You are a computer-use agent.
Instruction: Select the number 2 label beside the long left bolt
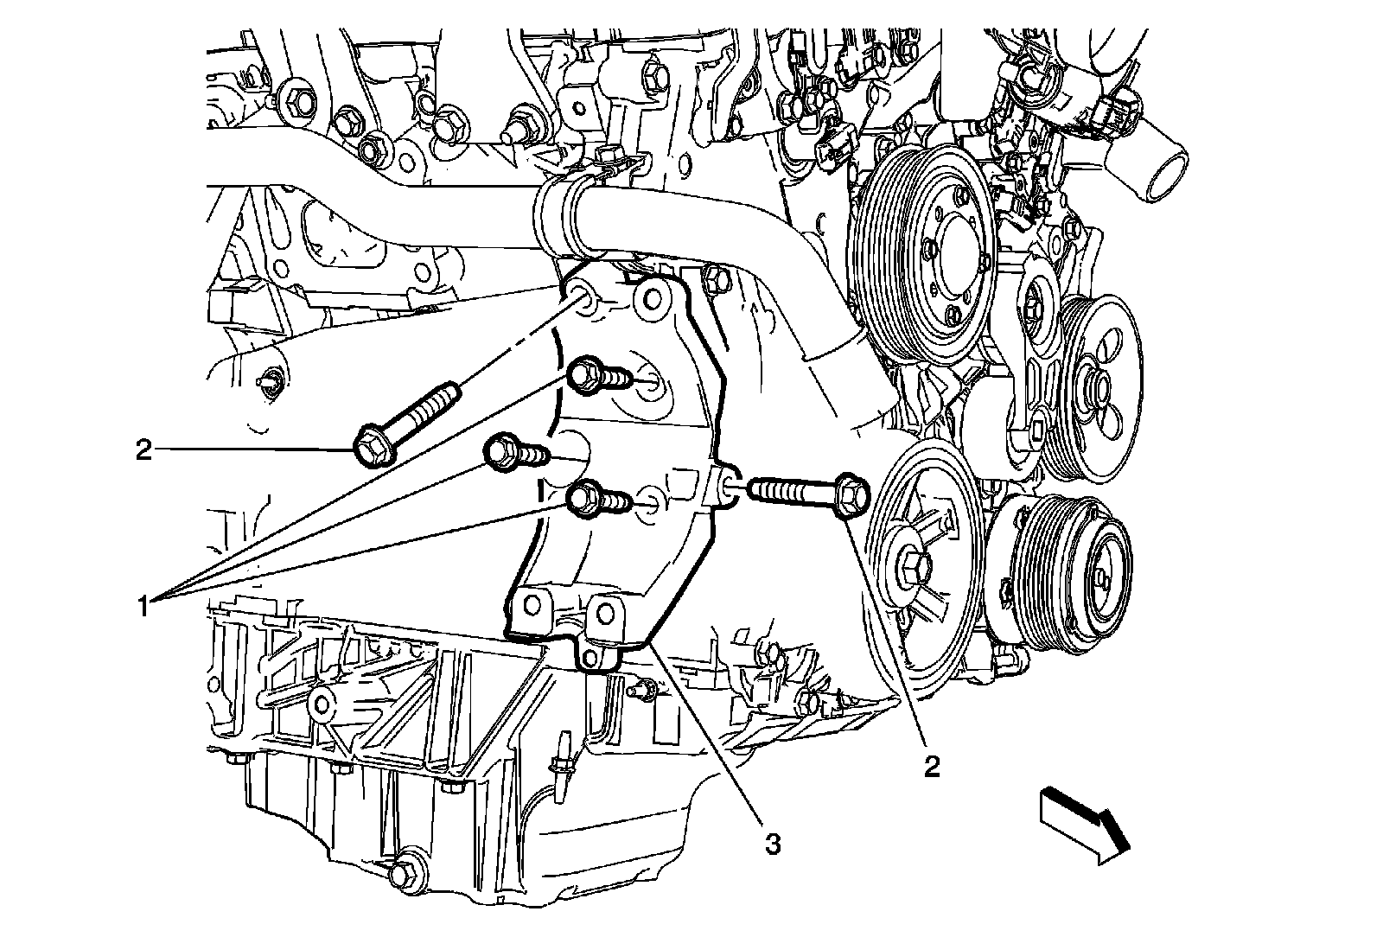[143, 449]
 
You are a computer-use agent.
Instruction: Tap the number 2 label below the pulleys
[931, 766]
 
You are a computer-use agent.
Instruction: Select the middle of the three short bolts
[500, 454]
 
